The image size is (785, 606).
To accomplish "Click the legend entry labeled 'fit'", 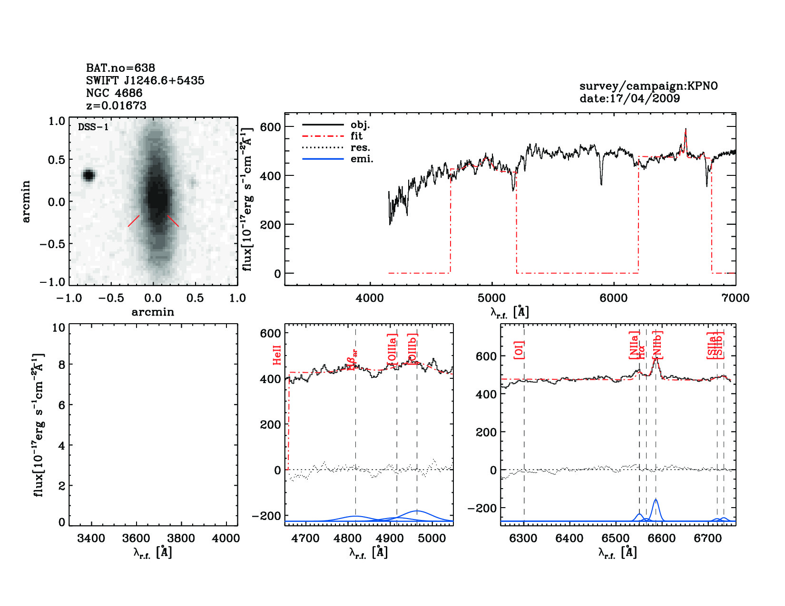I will coord(356,136).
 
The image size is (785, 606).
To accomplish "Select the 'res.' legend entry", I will coord(360,147).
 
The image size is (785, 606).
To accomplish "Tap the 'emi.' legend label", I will coord(362,159).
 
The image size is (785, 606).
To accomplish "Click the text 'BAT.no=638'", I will coord(120,68).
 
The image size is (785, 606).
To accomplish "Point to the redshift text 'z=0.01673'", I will coord(116,106).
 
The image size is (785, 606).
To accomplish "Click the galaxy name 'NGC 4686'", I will coord(114,93).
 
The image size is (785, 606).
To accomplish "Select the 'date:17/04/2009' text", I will coord(629,98).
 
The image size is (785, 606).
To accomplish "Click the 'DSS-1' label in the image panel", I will coord(93,127).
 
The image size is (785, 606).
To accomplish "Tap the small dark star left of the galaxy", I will coord(88,175).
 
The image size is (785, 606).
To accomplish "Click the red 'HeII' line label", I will coord(277,355).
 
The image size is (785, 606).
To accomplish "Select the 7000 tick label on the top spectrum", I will coord(736,298).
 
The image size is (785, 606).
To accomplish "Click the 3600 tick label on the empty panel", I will coord(137,538).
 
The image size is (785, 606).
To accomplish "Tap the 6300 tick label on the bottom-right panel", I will coord(523,538).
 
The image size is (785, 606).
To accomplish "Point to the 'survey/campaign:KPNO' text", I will coord(648,86).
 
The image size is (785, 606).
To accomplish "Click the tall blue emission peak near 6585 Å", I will coord(656,500).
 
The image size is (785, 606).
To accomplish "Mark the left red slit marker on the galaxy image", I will coord(134,221).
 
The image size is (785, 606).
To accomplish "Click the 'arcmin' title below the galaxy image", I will coord(153,312).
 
